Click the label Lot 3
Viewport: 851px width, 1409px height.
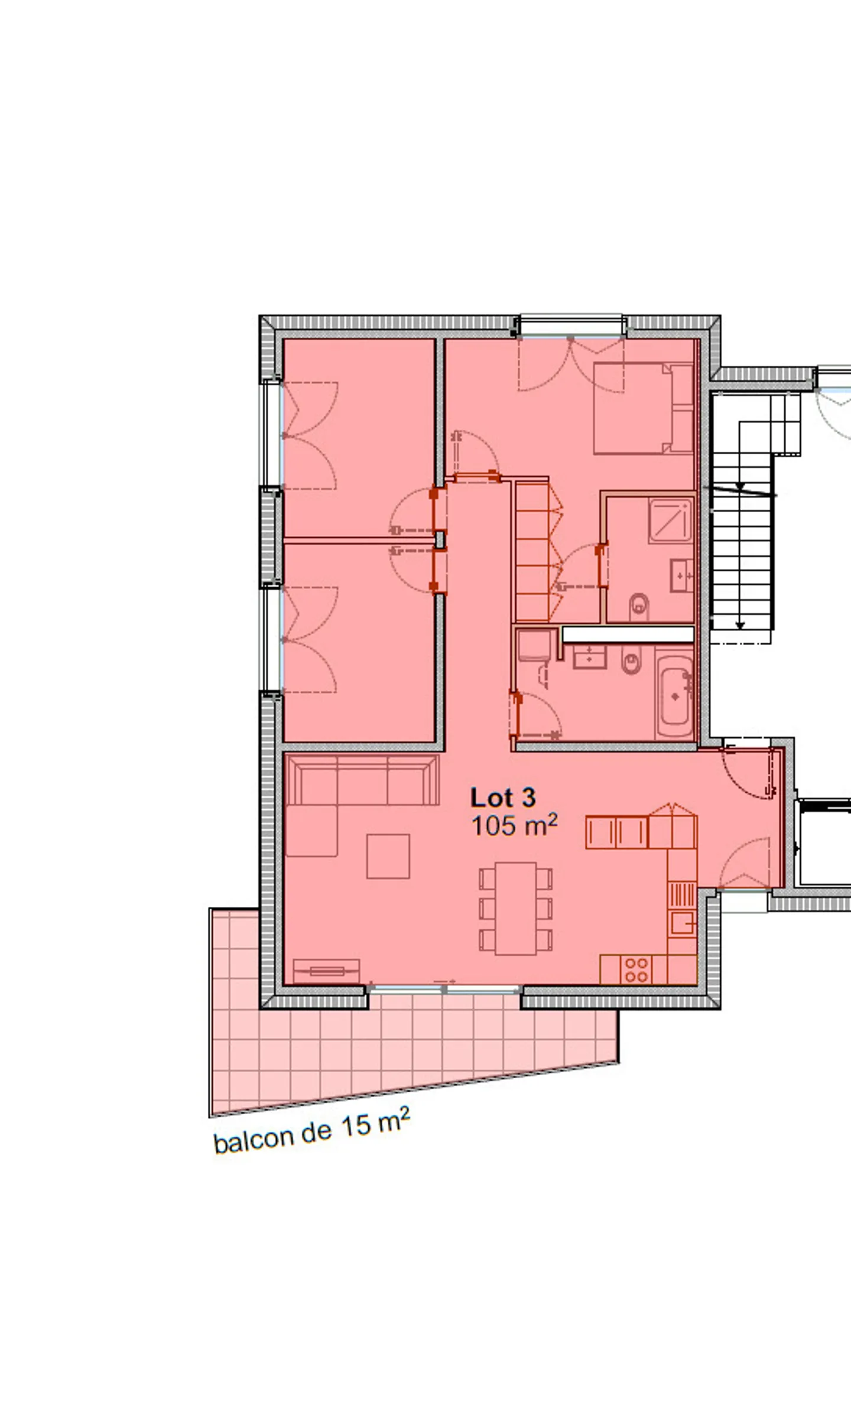pyautogui.click(x=503, y=798)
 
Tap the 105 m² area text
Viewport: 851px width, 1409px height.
pyautogui.click(x=514, y=826)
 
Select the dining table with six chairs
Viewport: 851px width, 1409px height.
pyautogui.click(x=515, y=909)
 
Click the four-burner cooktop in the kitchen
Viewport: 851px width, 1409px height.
pyautogui.click(x=636, y=969)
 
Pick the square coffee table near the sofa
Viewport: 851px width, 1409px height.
pyautogui.click(x=388, y=856)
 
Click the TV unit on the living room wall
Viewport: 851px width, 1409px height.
pyautogui.click(x=326, y=971)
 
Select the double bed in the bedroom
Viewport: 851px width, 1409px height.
pyautogui.click(x=641, y=408)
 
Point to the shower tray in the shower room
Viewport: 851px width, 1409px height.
pyautogui.click(x=670, y=520)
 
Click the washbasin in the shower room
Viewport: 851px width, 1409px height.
pyautogui.click(x=681, y=575)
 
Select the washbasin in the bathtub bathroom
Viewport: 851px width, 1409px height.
pyautogui.click(x=590, y=656)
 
